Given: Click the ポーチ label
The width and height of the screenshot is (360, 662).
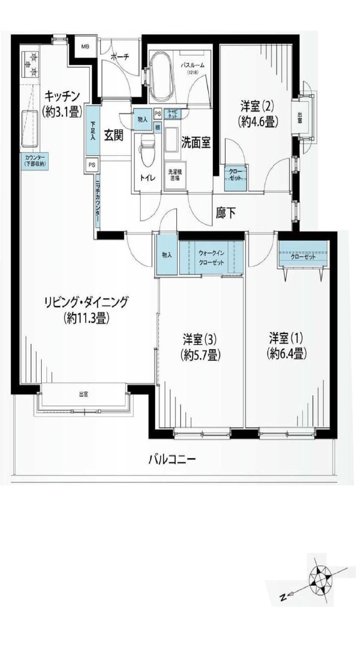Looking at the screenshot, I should (120, 57).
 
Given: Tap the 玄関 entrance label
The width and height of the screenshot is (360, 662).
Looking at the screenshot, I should (114, 135).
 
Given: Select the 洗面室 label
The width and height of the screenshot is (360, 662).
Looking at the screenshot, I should (196, 143).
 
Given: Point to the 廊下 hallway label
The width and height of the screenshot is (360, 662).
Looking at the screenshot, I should (225, 213).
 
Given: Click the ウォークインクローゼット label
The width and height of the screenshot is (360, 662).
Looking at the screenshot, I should (211, 257).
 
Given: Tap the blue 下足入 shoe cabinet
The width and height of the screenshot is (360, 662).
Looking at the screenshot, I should (93, 131).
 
